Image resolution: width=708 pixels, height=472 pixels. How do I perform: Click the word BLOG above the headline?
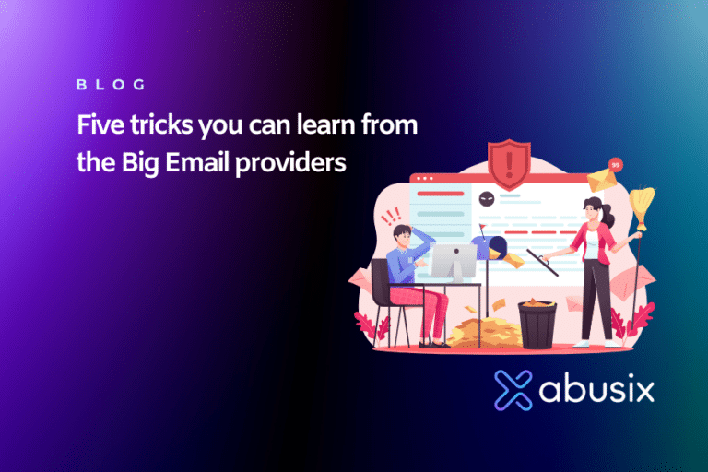point(111,85)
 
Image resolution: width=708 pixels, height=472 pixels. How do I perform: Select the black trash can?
point(537,324)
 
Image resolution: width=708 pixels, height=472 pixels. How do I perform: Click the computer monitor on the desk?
point(454,264)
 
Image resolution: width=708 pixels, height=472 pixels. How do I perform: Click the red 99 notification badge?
point(616,165)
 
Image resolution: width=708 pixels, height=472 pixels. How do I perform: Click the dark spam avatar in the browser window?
point(487,196)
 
